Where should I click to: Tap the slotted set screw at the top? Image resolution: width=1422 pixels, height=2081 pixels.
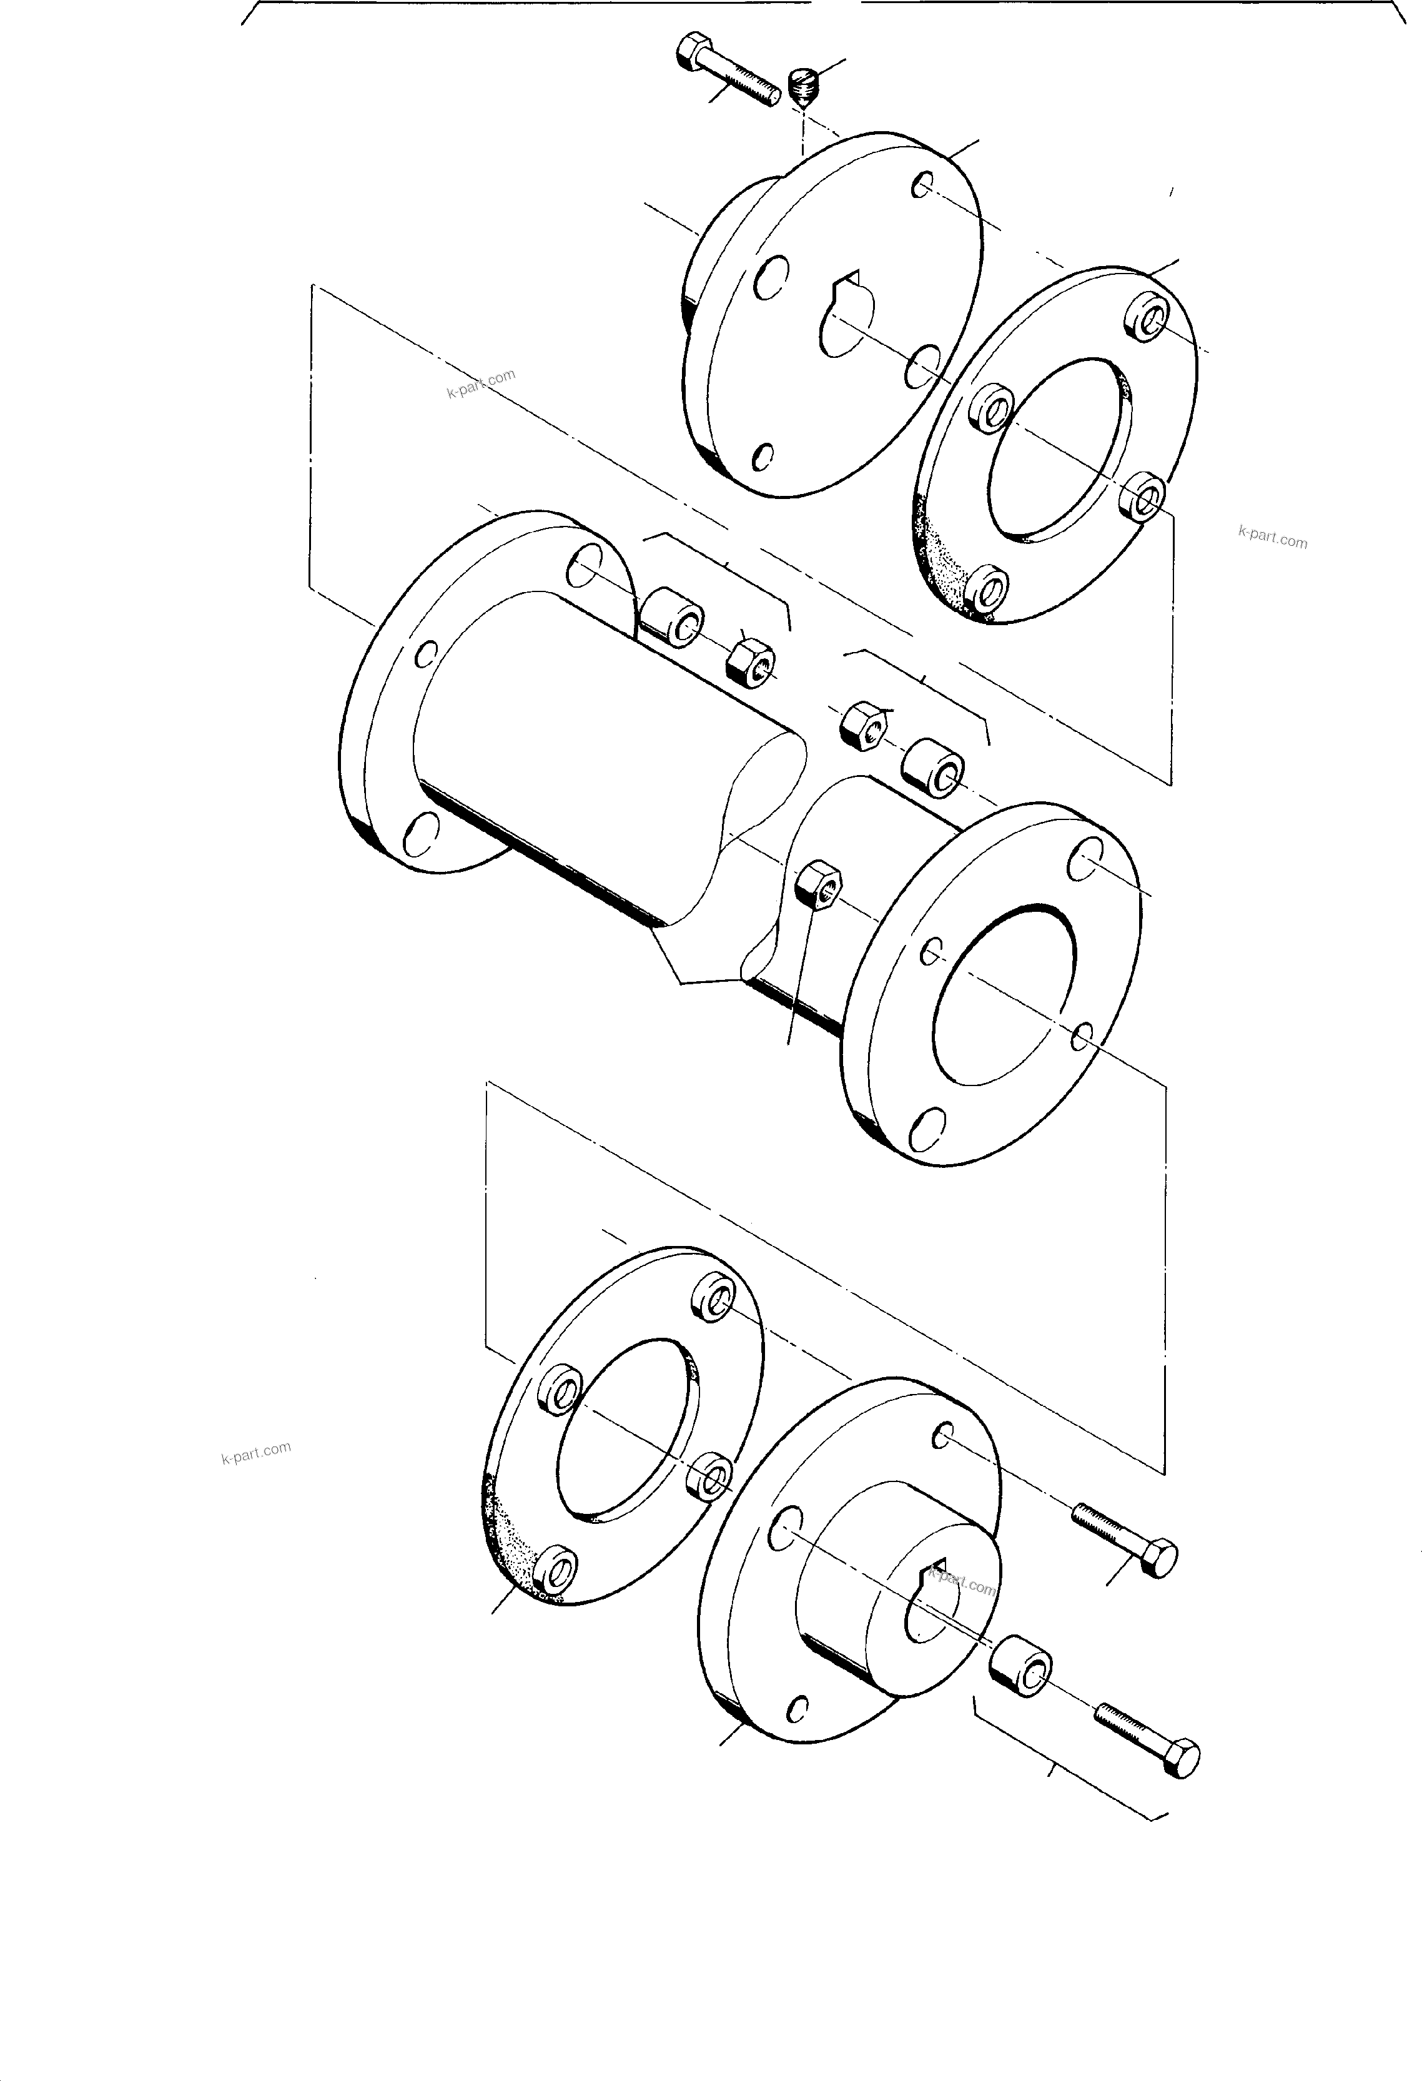(x=806, y=86)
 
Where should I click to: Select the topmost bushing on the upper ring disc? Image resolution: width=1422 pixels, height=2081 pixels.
(x=1144, y=317)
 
